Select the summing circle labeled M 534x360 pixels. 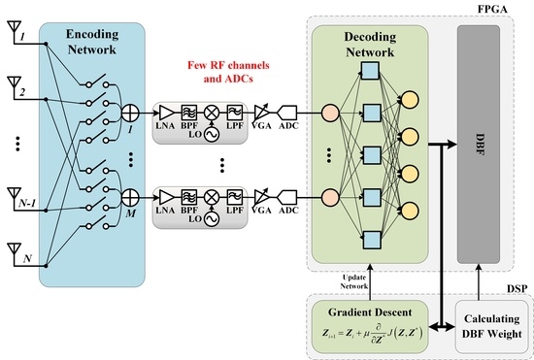(127, 199)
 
